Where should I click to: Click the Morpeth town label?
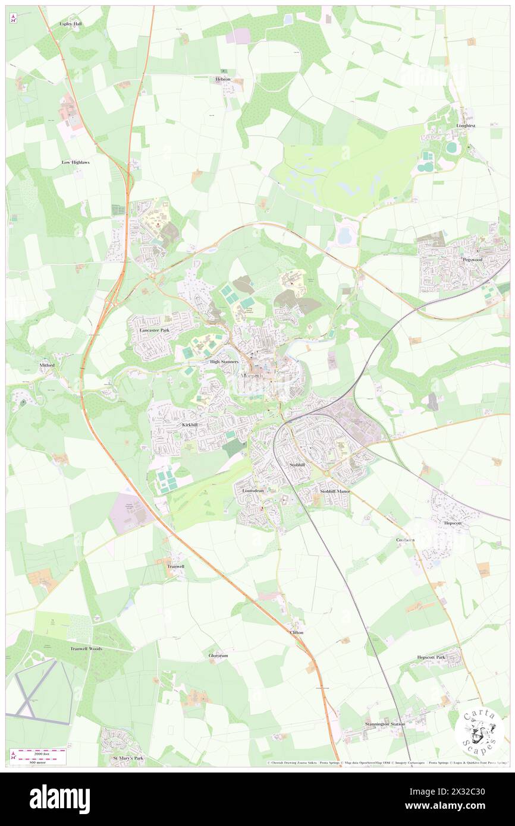(253, 376)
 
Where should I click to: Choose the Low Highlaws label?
(76, 162)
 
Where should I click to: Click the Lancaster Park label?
(154, 329)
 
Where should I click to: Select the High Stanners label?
(224, 361)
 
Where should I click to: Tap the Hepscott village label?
(453, 523)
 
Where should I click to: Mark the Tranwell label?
(175, 566)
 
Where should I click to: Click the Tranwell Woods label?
(87, 648)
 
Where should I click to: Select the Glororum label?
(218, 655)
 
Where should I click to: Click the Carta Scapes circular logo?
(479, 733)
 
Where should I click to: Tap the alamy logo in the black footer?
(60, 799)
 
